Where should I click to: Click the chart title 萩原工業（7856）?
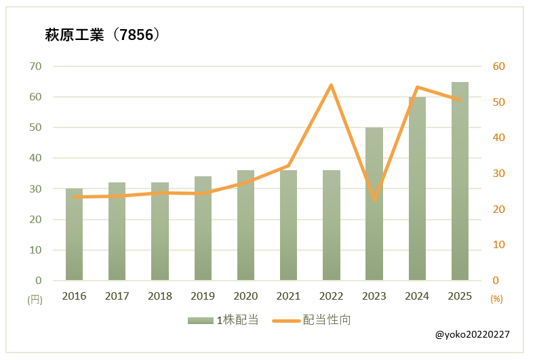pos(102,35)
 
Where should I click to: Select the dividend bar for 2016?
pos(74,235)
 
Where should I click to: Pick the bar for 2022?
pos(332,225)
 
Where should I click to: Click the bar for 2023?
pos(374,204)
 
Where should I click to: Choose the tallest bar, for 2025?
pos(460,181)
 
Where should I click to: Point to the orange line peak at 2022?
pos(332,85)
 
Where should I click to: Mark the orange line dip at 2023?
pos(374,199)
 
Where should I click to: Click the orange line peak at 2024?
pos(417,87)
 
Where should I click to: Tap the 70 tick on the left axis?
pos(35,66)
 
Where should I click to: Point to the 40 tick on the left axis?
pos(35,158)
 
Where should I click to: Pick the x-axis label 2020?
pos(245,296)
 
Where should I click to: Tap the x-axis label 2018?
pos(160,296)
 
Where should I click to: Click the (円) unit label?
pos(34,299)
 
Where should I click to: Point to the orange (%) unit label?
pos(496,298)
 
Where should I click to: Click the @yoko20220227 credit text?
pos(472,335)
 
